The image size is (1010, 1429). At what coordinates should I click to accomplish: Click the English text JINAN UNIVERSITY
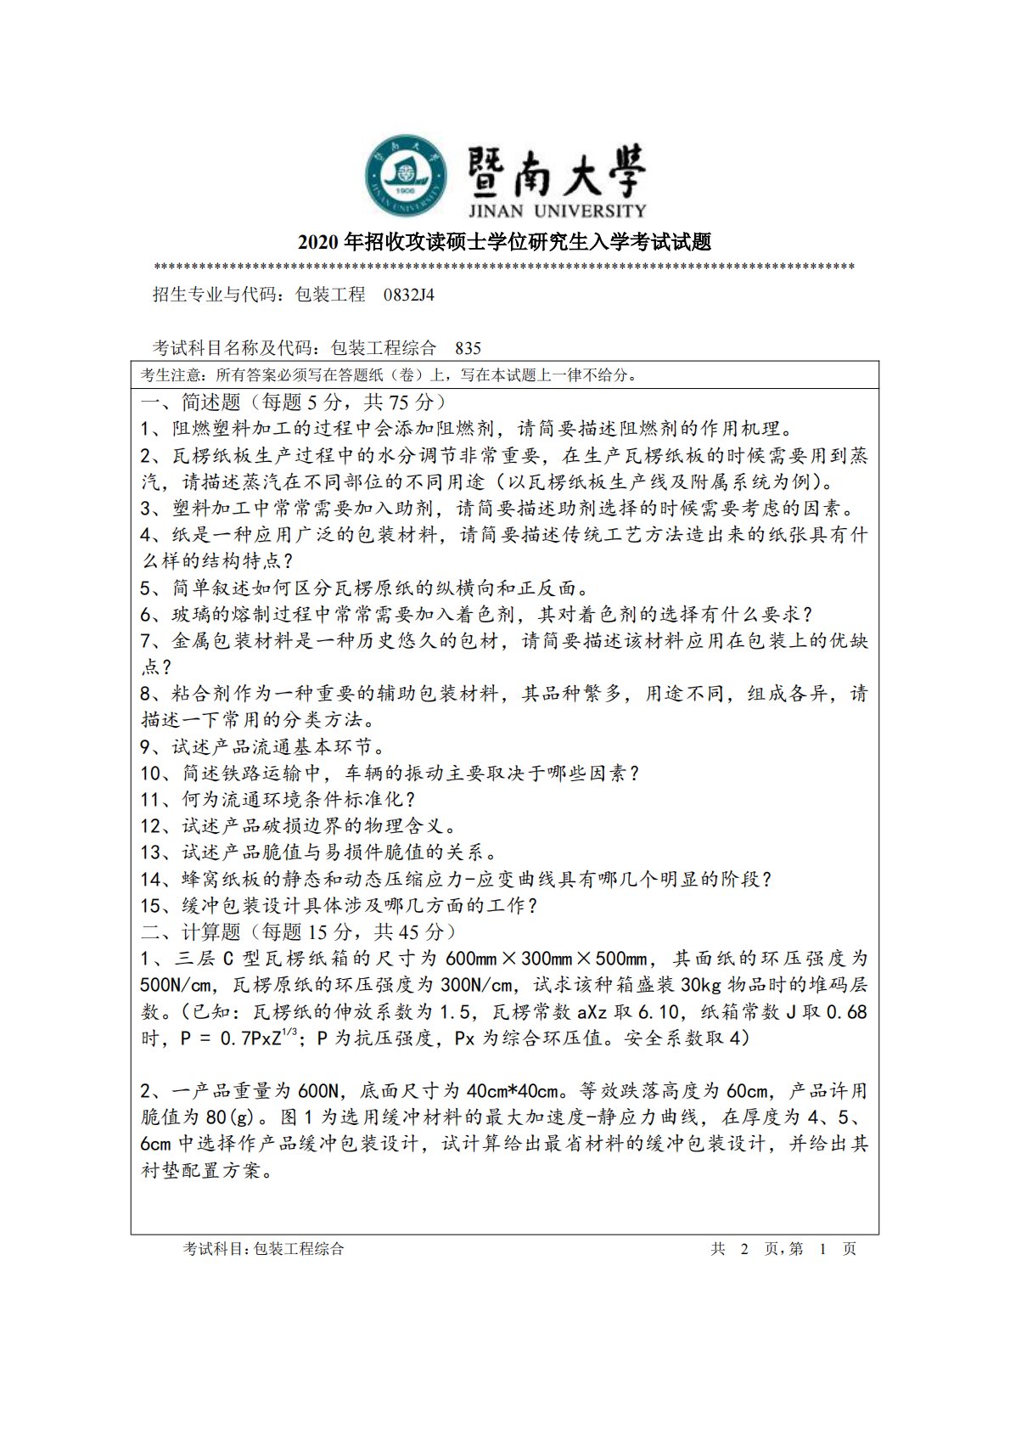click(x=556, y=211)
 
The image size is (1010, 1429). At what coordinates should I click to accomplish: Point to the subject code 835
click(x=468, y=348)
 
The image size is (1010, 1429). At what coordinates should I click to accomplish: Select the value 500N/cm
click(x=176, y=985)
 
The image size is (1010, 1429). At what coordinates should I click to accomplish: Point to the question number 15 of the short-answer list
click(x=150, y=906)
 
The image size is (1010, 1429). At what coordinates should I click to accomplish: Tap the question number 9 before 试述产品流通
click(x=146, y=747)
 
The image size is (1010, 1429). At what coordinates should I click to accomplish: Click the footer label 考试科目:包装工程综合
click(x=264, y=1248)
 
